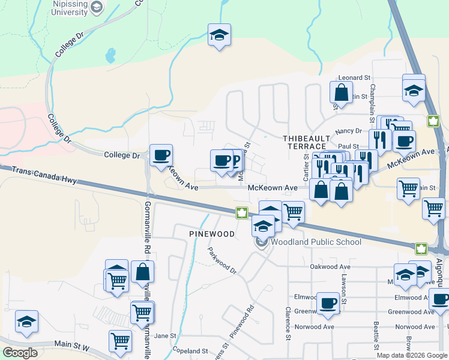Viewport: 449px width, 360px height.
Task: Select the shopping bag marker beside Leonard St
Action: click(x=341, y=93)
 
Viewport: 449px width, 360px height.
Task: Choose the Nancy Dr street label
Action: click(x=349, y=131)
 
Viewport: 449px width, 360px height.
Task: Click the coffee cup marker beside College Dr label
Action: click(x=161, y=155)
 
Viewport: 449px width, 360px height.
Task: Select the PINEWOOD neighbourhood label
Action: click(x=211, y=233)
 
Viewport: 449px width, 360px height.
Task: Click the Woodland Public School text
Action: click(x=316, y=242)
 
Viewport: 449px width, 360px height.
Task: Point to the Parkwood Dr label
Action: click(x=221, y=261)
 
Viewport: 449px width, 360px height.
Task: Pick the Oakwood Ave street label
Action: click(x=330, y=266)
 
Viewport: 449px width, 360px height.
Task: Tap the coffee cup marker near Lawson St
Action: click(x=328, y=302)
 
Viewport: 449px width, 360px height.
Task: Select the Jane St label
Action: click(x=164, y=336)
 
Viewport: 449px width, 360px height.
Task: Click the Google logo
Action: click(x=20, y=353)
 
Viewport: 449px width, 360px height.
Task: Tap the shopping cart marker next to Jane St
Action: click(x=120, y=341)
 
